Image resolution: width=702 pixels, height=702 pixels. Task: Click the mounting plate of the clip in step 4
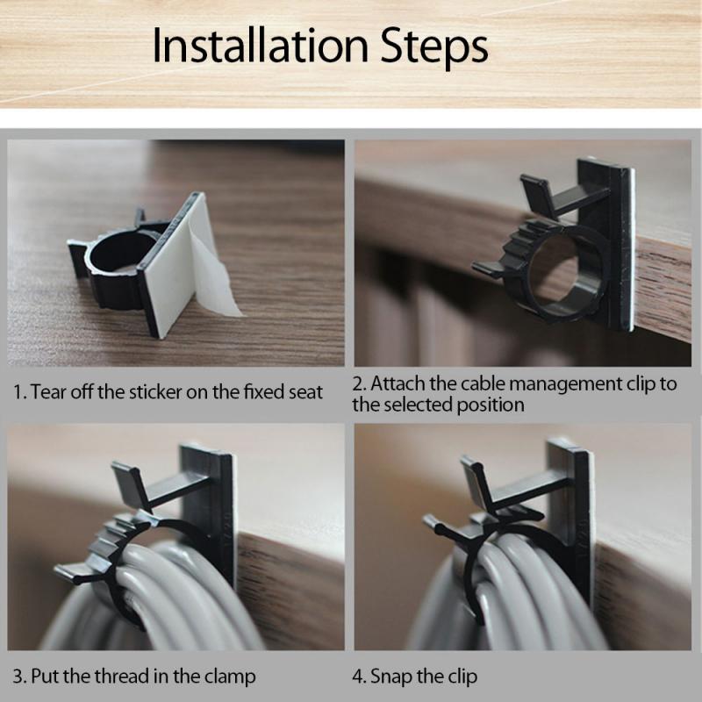(579, 518)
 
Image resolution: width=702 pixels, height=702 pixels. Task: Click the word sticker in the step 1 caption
(171, 392)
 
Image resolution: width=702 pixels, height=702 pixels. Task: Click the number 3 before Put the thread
(17, 677)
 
